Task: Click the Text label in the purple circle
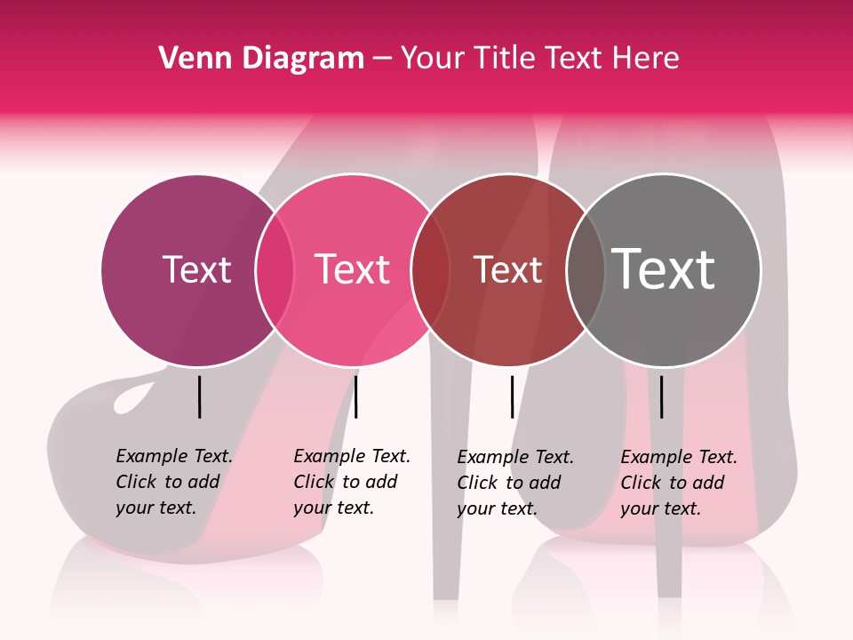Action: pyautogui.click(x=196, y=269)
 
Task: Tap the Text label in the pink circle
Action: pyautogui.click(x=352, y=269)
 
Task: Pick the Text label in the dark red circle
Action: pyautogui.click(x=507, y=269)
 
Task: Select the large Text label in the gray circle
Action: pyautogui.click(x=664, y=269)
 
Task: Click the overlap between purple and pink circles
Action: pyautogui.click(x=275, y=270)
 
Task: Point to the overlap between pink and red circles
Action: pyautogui.click(x=430, y=270)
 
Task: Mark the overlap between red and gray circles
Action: pyautogui.click(x=586, y=270)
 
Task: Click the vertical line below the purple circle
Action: pyautogui.click(x=199, y=396)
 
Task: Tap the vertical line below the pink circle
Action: pyautogui.click(x=355, y=396)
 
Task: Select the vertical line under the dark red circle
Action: pyautogui.click(x=512, y=396)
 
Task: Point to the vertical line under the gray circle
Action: pyautogui.click(x=661, y=396)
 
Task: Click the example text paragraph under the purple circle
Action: pyautogui.click(x=173, y=482)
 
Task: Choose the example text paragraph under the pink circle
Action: pyautogui.click(x=351, y=482)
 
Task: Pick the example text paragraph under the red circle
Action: pyautogui.click(x=514, y=483)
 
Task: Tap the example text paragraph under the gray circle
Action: pyautogui.click(x=678, y=483)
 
